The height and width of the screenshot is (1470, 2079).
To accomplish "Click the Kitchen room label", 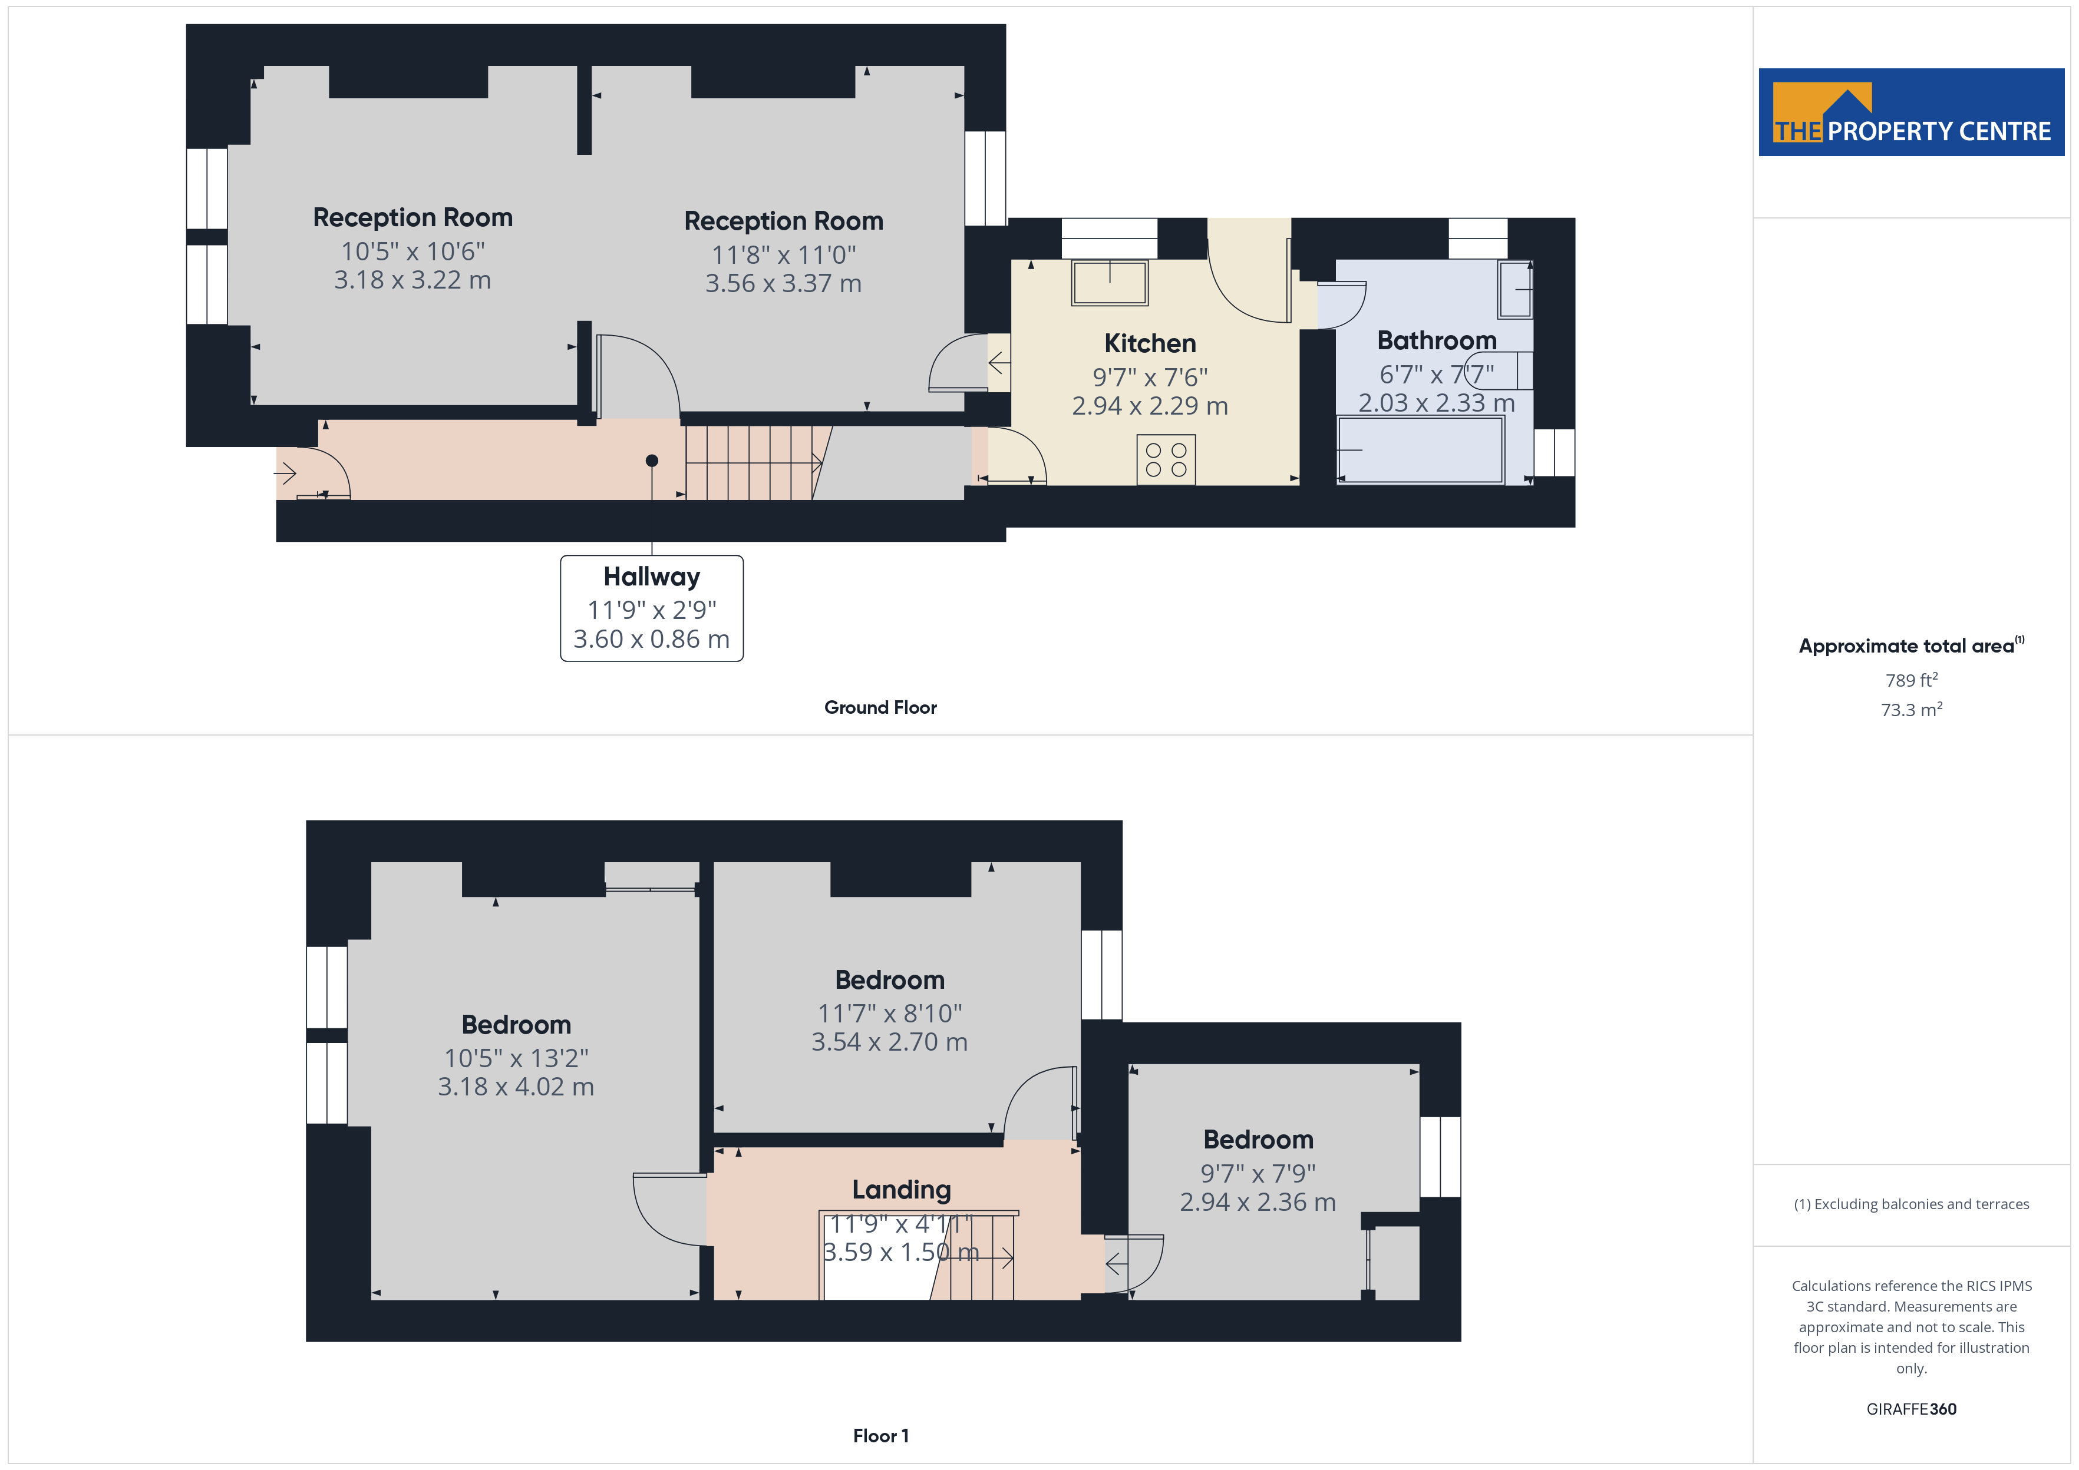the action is point(1149,344).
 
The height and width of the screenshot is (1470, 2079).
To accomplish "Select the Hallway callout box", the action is point(651,608).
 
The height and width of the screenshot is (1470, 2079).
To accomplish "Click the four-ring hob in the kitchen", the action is point(1166,460).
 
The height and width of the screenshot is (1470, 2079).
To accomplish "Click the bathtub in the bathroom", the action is point(1420,450).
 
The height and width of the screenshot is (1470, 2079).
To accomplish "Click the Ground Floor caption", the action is point(880,708).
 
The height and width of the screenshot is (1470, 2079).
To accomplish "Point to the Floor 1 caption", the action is point(880,1436).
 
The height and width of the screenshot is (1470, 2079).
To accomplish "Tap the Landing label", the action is point(901,1190).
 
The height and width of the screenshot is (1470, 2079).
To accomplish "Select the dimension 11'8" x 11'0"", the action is point(783,254).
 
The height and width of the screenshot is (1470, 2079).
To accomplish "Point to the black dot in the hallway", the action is point(651,461).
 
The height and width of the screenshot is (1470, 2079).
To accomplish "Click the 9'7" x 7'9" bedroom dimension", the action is point(1258,1173).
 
